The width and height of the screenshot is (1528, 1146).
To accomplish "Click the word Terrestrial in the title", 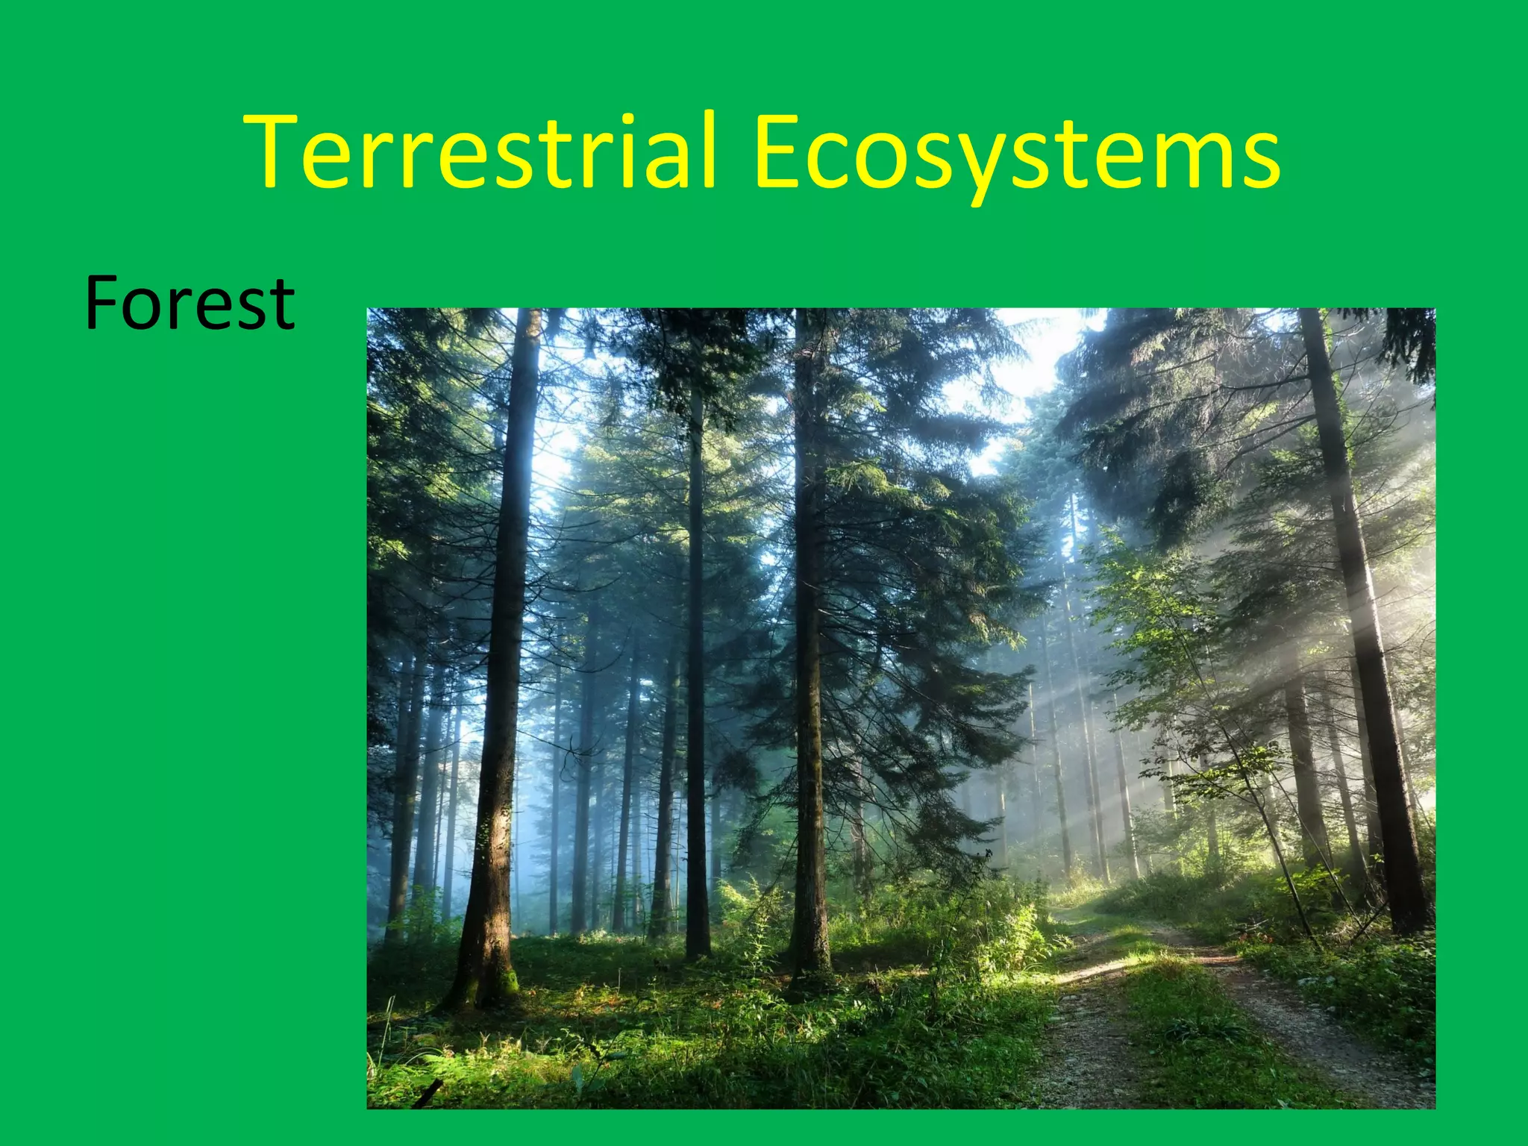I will [x=481, y=153].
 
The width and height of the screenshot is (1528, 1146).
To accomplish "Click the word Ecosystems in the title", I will [x=1016, y=153].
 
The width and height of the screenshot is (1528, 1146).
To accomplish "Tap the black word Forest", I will [x=190, y=304].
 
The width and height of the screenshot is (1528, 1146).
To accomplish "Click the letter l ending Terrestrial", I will [x=705, y=149].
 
